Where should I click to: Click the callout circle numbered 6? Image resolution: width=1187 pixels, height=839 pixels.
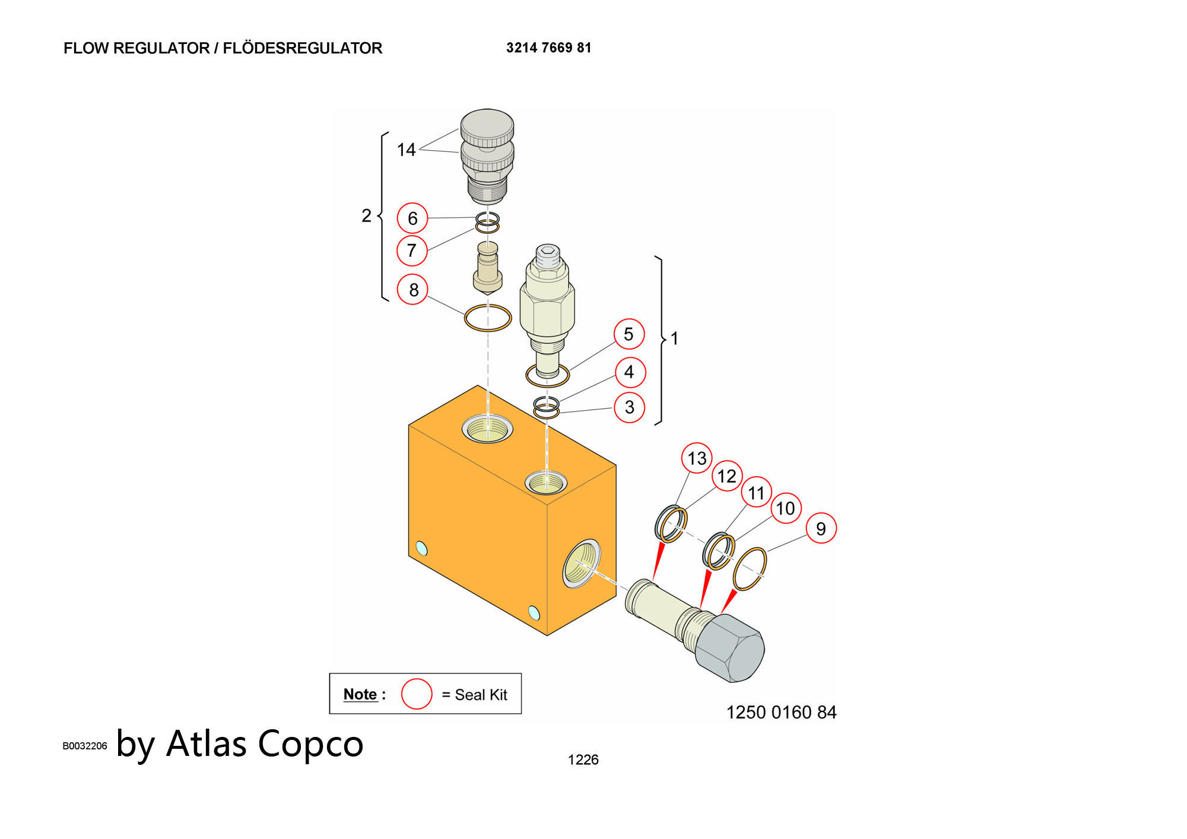412,218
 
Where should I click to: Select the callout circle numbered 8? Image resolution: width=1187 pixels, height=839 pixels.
412,290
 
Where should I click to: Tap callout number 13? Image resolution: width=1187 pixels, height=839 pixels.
697,458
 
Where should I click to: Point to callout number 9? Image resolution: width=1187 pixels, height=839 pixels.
821,528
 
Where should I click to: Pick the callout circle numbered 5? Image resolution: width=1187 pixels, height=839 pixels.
629,334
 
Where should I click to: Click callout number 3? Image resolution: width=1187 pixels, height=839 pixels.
629,407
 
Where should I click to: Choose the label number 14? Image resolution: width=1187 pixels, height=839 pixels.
406,150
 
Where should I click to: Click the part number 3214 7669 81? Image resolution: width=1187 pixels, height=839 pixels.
548,48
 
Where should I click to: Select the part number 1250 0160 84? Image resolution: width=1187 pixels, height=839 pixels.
781,712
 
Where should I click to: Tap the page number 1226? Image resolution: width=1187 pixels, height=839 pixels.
583,759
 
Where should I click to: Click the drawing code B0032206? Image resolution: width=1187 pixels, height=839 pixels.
85,746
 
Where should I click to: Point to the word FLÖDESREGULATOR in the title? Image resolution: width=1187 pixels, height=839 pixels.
302,48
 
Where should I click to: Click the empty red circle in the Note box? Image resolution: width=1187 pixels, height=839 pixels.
417,694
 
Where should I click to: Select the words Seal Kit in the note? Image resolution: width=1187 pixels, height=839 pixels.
481,695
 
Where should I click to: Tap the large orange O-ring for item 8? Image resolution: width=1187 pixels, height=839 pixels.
488,318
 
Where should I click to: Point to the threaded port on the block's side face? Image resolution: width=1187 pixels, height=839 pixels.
581,563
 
